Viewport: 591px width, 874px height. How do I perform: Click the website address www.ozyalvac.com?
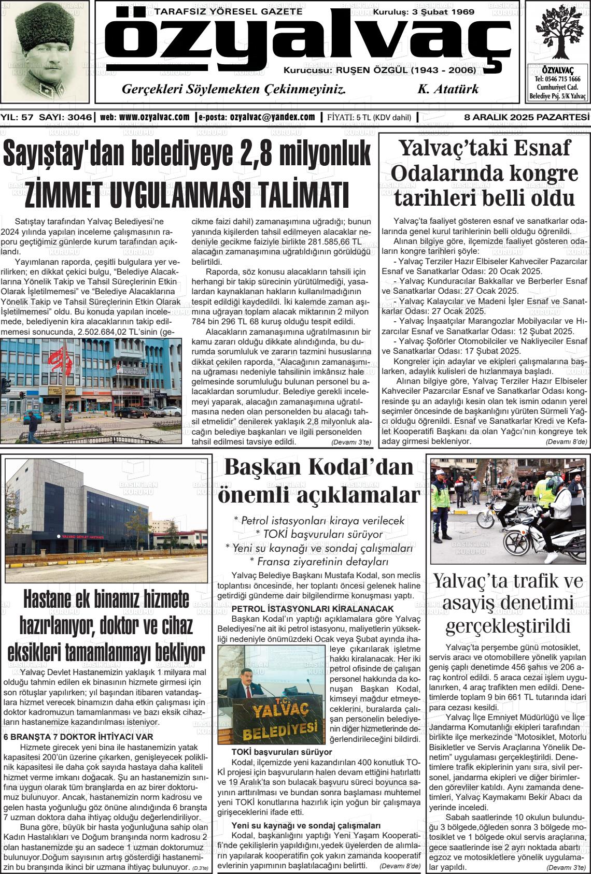coord(154,118)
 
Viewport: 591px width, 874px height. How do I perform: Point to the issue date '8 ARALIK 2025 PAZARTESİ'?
coord(527,118)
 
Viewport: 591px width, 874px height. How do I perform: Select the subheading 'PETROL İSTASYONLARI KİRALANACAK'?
coord(313,609)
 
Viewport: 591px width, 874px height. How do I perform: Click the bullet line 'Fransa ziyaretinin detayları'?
coord(319,562)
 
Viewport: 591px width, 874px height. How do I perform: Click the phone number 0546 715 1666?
coord(557,79)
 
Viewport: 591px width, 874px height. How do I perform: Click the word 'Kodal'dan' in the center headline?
coord(362,467)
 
